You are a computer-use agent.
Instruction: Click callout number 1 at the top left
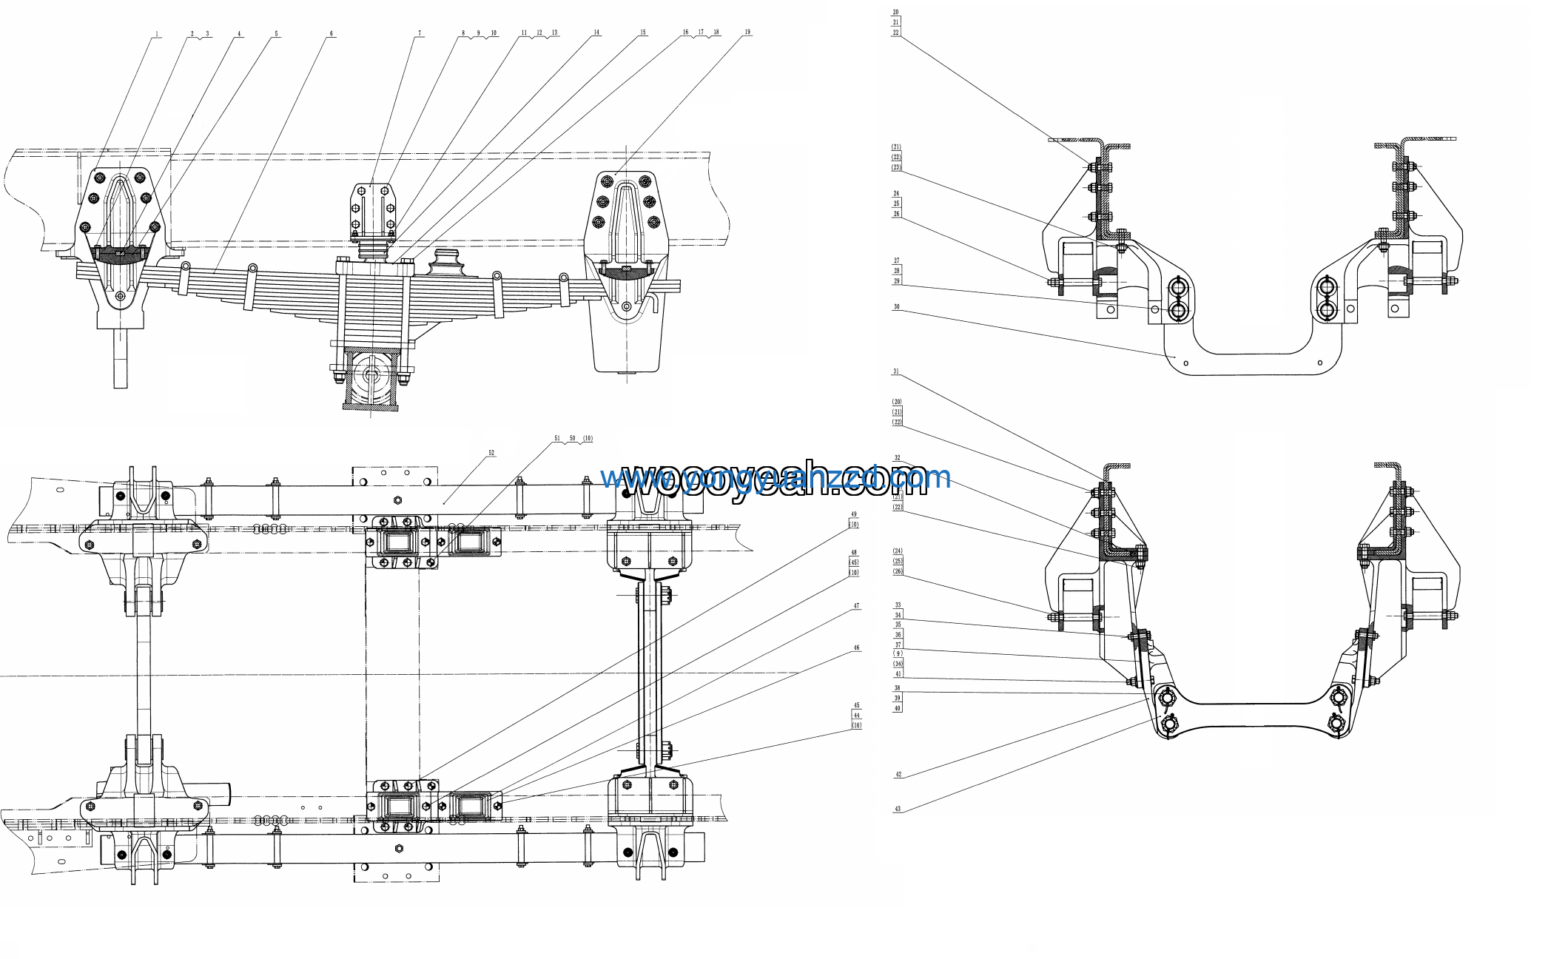pos(157,34)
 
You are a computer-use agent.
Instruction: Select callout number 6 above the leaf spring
pos(331,33)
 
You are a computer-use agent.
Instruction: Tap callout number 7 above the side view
pos(420,33)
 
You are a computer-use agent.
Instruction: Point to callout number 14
pos(596,33)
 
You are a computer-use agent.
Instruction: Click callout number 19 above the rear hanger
pos(747,32)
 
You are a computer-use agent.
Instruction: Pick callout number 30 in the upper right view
pos(896,306)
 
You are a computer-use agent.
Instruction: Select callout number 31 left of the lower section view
pos(896,371)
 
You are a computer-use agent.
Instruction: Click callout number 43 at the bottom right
pos(898,809)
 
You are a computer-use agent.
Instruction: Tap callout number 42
pos(898,775)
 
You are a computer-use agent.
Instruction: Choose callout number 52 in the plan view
pos(491,452)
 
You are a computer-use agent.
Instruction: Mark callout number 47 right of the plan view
pos(856,606)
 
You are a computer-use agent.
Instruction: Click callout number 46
pos(856,647)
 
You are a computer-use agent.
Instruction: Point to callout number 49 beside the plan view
pos(854,514)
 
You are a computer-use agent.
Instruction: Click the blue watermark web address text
pos(775,478)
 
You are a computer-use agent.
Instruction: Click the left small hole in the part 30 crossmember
pos(1186,363)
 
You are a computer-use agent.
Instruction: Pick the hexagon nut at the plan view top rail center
pos(397,499)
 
